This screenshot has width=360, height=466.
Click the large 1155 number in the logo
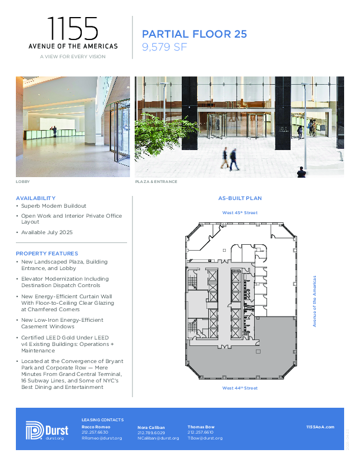[73, 29]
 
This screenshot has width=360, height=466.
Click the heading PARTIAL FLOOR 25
[195, 34]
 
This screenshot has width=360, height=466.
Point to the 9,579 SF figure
[165, 47]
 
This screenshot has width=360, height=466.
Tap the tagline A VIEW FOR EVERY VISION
[73, 56]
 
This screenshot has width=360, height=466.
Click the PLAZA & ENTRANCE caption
[156, 182]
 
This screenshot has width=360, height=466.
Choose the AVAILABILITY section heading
[35, 198]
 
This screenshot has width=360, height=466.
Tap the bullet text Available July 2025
[47, 232]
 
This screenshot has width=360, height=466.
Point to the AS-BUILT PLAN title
[240, 198]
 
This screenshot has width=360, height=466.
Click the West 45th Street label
[239, 213]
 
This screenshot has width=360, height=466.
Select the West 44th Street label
[239, 388]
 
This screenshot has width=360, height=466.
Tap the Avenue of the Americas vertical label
[315, 301]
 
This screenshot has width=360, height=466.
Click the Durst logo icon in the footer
[35, 430]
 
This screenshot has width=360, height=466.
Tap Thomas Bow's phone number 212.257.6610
[200, 432]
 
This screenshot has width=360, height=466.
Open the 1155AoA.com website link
[320, 427]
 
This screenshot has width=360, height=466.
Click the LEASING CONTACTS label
[102, 420]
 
